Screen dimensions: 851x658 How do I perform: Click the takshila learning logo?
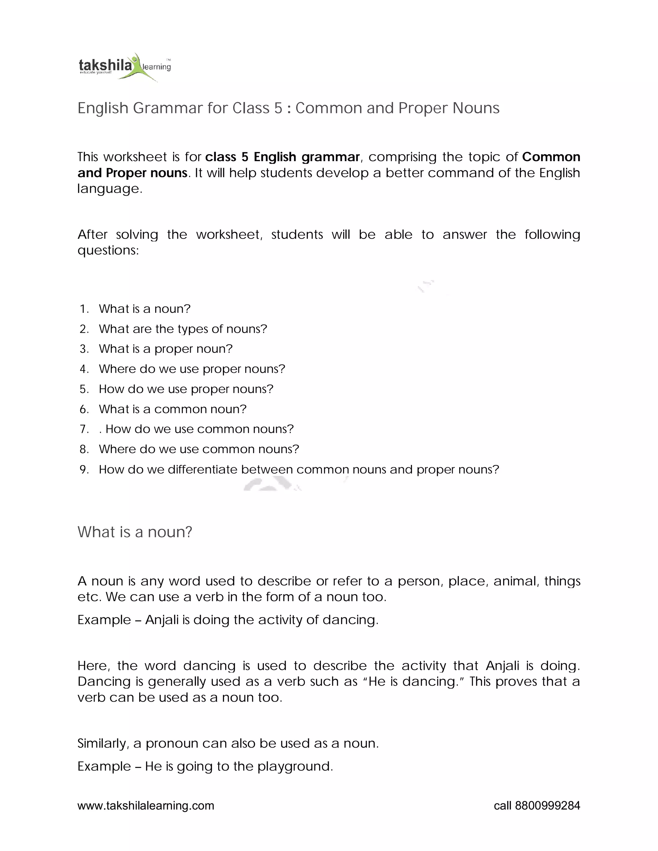(124, 66)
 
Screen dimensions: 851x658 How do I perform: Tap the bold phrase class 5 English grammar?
(282, 157)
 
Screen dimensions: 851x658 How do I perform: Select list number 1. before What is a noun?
(84, 309)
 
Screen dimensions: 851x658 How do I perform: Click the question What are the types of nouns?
(183, 329)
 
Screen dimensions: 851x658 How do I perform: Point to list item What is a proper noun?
(166, 349)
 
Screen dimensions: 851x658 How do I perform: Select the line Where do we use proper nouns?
(192, 369)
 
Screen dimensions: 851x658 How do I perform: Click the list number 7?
(84, 429)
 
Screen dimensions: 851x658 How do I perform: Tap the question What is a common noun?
(173, 409)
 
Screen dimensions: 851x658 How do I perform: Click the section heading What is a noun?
(135, 532)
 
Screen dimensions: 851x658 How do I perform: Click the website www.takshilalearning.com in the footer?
(146, 805)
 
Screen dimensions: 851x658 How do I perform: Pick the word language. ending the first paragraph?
(110, 189)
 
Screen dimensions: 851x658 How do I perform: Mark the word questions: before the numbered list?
(108, 250)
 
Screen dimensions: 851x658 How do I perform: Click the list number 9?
(84, 469)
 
